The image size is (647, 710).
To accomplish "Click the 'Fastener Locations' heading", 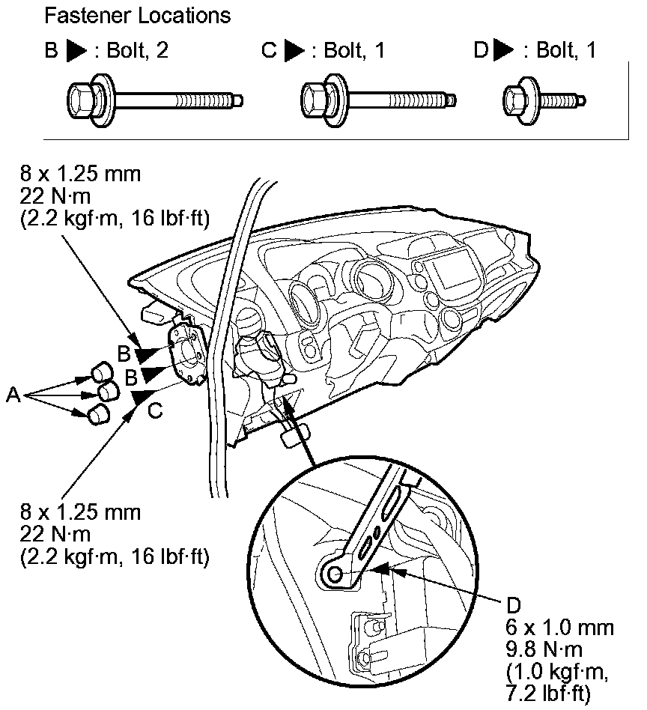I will coord(137,14).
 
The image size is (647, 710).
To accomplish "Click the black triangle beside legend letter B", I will coord(76,52).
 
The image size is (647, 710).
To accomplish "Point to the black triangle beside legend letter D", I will coord(504,52).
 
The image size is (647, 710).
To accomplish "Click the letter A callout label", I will coord(13,395).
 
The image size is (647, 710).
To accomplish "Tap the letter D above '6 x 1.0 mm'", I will coord(514,604).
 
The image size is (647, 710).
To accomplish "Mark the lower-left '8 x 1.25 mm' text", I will coord(82,515).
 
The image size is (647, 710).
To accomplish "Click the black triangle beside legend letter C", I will coord(296,52).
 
